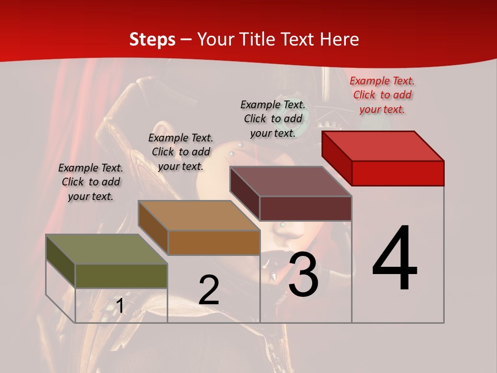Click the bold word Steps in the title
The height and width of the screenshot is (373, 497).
click(x=152, y=39)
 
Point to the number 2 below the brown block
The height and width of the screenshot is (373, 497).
click(x=209, y=290)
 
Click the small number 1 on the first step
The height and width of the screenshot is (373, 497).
click(x=120, y=306)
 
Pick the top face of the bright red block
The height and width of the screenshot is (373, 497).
click(x=383, y=146)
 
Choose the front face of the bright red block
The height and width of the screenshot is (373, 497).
click(x=398, y=173)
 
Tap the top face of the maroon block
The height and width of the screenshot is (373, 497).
click(x=290, y=181)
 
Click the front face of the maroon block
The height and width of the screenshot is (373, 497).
click(x=305, y=208)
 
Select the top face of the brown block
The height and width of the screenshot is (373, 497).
click(x=199, y=215)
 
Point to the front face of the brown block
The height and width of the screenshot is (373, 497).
click(x=214, y=242)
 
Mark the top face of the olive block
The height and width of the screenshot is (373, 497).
click(x=107, y=249)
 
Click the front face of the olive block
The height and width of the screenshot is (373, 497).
click(x=122, y=276)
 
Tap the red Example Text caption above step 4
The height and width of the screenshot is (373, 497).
click(x=382, y=95)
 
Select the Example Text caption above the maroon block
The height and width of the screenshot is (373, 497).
click(x=273, y=119)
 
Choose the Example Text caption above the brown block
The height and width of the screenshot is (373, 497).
click(x=181, y=152)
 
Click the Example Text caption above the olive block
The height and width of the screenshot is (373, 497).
click(x=91, y=182)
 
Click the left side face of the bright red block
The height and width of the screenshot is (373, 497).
click(x=337, y=157)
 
